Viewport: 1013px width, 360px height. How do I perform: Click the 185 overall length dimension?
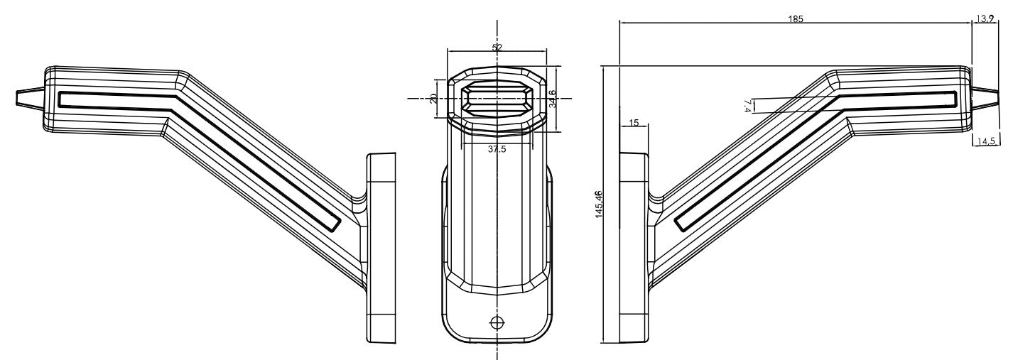pos(796,18)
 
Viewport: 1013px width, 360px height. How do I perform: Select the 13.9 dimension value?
pos(985,18)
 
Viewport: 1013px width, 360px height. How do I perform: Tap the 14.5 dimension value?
pos(985,141)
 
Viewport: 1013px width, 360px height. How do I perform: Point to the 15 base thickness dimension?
pos(634,123)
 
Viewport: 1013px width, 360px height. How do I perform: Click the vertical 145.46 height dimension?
pos(599,204)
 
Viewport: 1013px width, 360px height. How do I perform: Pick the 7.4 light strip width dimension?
pos(747,106)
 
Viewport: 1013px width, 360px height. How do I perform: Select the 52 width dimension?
pos(497,48)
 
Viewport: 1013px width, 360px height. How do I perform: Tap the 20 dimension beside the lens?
pos(434,98)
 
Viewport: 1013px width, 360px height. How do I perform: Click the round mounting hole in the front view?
pos(497,322)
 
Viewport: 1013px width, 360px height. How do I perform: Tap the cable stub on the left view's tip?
pos(28,98)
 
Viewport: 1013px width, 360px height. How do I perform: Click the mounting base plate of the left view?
pos(381,249)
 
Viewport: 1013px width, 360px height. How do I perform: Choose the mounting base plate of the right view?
pos(633,249)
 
